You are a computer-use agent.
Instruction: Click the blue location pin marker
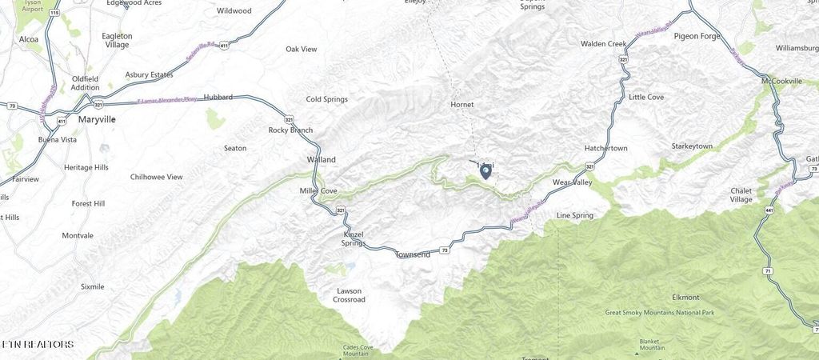tap(485, 170)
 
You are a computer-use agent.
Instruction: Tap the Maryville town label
tap(97, 119)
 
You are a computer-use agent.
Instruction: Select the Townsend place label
tap(413, 254)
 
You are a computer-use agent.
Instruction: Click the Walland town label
tap(322, 159)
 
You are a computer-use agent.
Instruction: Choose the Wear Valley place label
tap(572, 182)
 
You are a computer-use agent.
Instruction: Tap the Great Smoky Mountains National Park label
tap(660, 313)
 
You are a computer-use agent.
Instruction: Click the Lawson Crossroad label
tap(349, 295)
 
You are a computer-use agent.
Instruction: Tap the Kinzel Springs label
tap(353, 238)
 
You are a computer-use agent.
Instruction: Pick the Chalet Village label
tap(741, 194)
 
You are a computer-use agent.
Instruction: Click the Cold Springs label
tap(327, 99)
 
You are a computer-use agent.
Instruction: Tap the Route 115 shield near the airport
tap(53, 14)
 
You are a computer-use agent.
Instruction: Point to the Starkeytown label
tap(691, 146)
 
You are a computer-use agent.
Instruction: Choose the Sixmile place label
tap(93, 286)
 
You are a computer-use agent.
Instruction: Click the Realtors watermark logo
tap(38, 345)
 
